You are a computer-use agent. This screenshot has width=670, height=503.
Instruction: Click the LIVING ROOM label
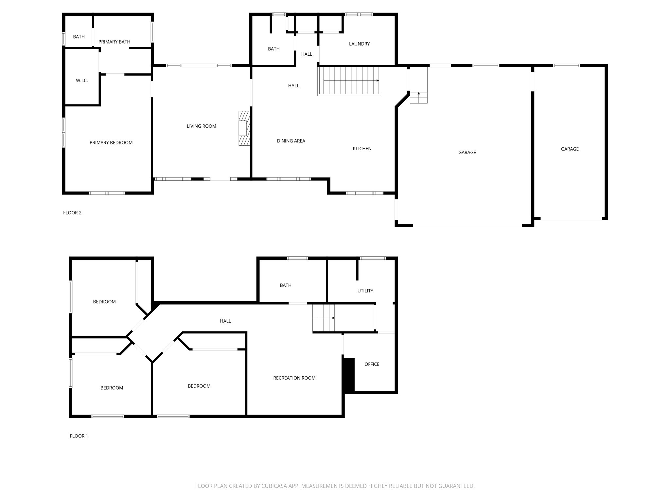[201, 126]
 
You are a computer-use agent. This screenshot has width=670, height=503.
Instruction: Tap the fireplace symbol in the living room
[244, 128]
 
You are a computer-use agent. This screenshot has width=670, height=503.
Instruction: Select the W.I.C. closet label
[82, 81]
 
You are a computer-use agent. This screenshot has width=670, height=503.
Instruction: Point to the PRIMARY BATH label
[114, 42]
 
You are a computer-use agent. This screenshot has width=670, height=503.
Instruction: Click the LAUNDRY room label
[359, 44]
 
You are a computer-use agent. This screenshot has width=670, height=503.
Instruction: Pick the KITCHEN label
[362, 149]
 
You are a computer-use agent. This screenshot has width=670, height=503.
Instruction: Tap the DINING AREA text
[291, 141]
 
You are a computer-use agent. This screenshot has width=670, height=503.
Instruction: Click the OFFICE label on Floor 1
[372, 364]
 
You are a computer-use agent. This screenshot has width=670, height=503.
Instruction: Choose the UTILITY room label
[365, 291]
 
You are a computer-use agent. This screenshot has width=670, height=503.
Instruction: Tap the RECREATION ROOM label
[294, 378]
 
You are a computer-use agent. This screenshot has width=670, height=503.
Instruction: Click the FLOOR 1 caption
[79, 436]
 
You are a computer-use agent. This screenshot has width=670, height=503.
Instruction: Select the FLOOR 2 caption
[72, 213]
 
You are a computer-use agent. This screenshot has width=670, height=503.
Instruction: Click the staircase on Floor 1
[323, 318]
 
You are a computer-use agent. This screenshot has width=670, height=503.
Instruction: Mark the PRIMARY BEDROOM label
[111, 143]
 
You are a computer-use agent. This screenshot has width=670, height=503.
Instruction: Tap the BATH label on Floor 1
[285, 285]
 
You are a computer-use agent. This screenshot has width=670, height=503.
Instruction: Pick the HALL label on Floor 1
[225, 321]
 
